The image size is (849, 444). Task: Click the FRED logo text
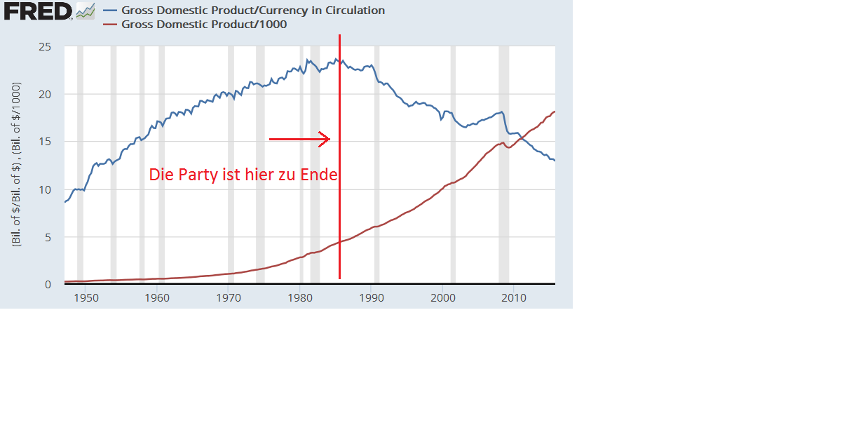(x=37, y=11)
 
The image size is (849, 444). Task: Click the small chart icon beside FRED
(x=86, y=11)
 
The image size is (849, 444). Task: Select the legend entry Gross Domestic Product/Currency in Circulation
(x=253, y=11)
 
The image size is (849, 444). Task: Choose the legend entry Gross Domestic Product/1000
(x=204, y=25)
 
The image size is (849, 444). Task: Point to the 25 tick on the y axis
(x=44, y=47)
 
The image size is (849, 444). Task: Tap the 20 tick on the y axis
(x=44, y=95)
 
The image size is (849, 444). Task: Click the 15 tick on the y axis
(x=44, y=142)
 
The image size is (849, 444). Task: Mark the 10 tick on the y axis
(x=44, y=190)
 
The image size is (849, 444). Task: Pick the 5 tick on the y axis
(x=48, y=238)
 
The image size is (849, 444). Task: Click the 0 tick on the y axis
(x=48, y=285)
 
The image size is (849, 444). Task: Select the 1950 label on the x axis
(x=86, y=297)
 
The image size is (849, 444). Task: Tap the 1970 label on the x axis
(x=229, y=297)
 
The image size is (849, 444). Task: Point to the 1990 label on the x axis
(x=372, y=297)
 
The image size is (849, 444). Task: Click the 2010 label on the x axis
(x=514, y=297)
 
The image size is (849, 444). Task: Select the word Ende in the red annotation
(x=319, y=175)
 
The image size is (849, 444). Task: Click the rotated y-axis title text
(x=16, y=164)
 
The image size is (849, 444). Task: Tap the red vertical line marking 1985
(x=339, y=210)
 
